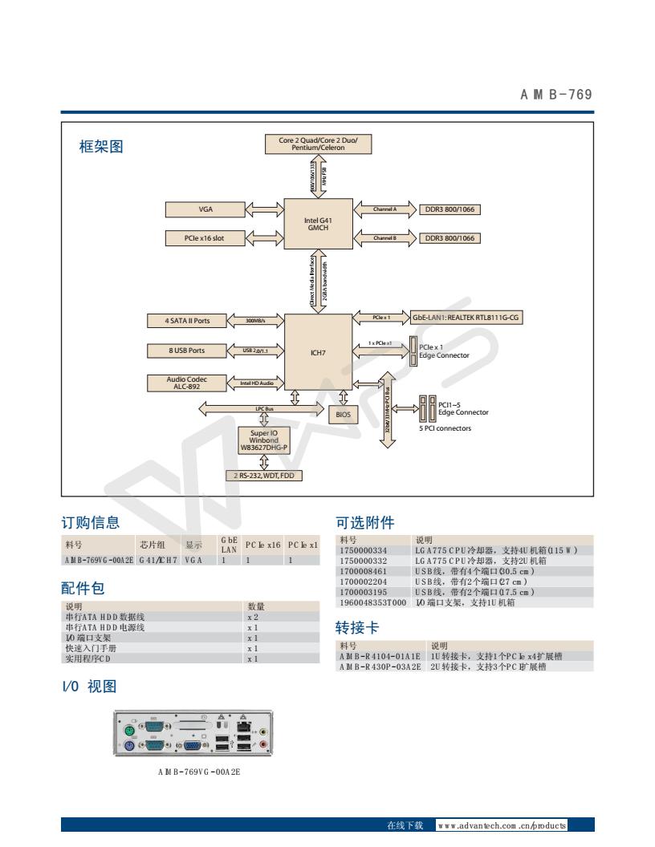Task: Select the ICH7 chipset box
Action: coord(319,351)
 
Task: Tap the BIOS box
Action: coord(344,414)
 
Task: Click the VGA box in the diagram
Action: coord(205,209)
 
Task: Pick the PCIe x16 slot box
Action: coord(205,238)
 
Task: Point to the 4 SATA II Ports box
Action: coord(188,321)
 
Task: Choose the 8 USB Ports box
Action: coord(188,351)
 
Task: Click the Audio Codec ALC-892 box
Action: coord(188,382)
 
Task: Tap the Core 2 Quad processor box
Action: coord(319,144)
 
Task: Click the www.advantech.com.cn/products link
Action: coord(502,825)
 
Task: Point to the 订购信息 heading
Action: coord(91,524)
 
